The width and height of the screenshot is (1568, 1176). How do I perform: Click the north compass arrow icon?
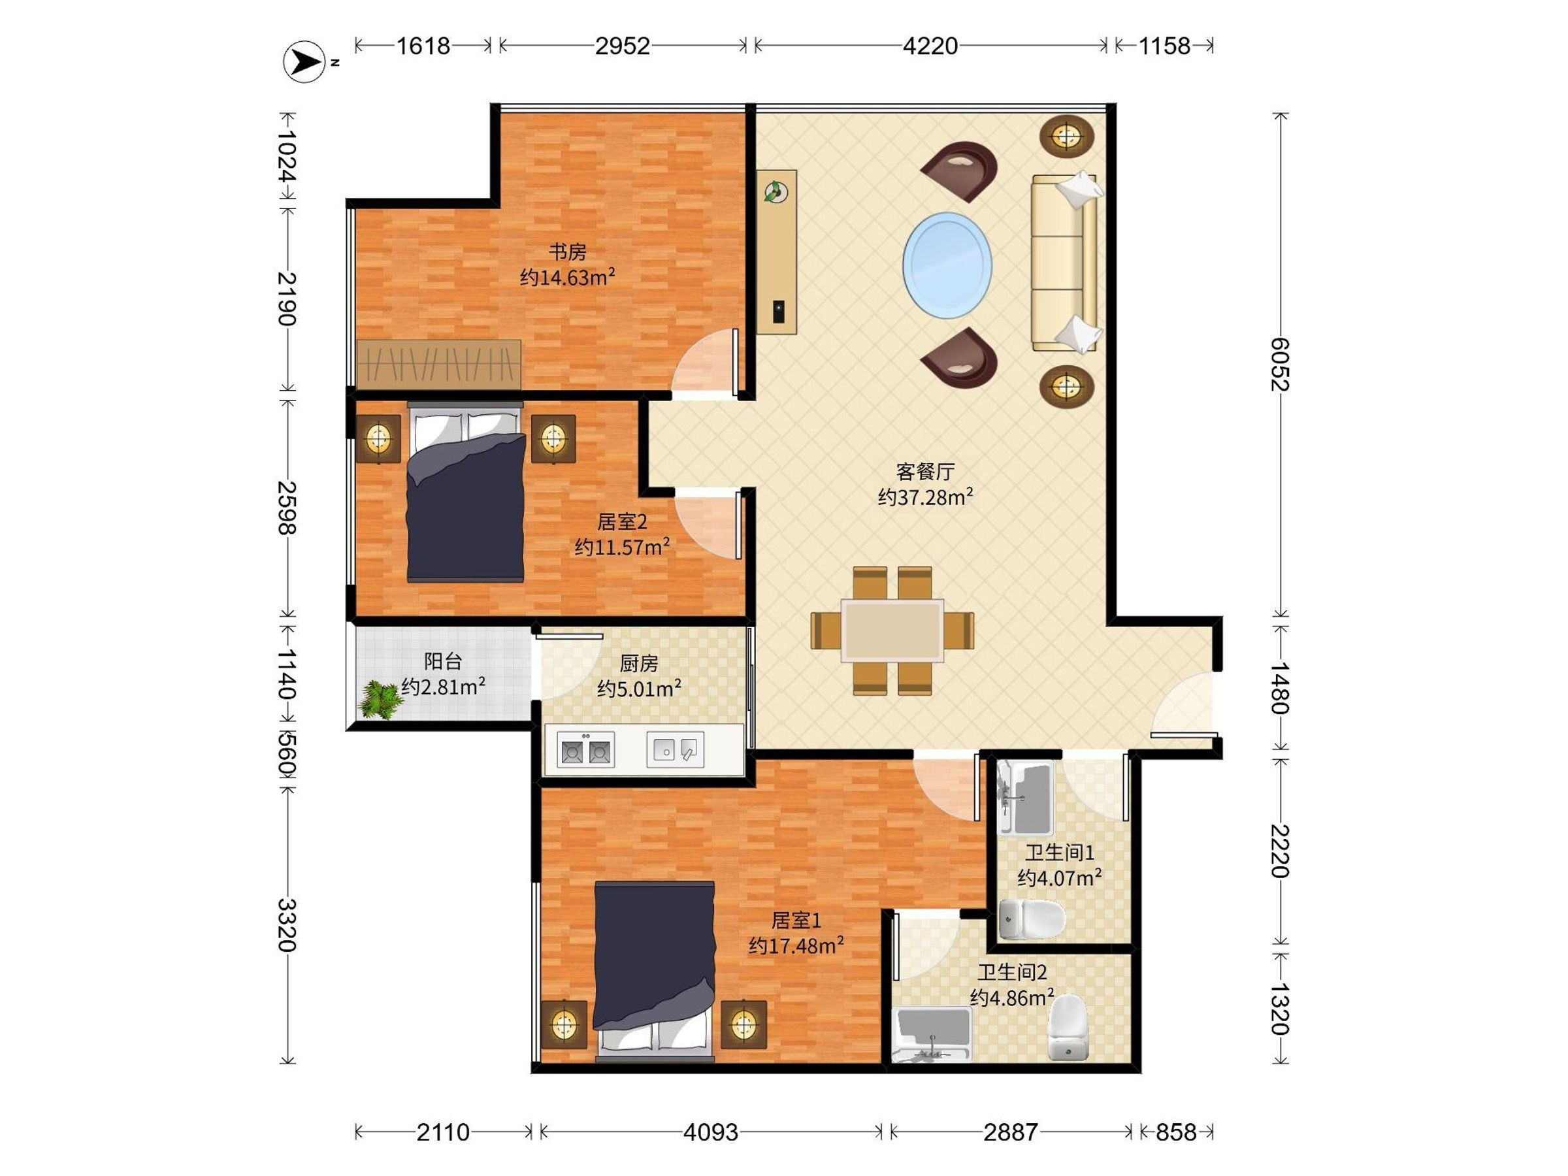[x=305, y=61]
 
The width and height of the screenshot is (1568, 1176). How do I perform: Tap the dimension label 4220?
[x=930, y=46]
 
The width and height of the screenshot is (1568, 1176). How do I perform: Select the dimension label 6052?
[x=1279, y=365]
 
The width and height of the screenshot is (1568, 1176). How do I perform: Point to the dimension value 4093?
[x=710, y=1132]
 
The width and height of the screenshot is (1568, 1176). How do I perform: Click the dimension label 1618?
[x=423, y=46]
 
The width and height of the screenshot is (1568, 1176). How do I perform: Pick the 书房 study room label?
[x=568, y=252]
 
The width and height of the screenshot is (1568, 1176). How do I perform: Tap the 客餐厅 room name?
[x=925, y=472]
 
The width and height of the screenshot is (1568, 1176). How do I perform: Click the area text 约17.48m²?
[x=796, y=945]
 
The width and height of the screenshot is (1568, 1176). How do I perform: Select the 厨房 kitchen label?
[x=639, y=664]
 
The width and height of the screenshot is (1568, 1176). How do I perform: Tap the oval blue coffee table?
[x=947, y=265]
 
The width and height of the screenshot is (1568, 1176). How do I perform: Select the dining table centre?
[x=892, y=630]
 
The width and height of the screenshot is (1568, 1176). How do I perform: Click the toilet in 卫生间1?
[x=1032, y=919]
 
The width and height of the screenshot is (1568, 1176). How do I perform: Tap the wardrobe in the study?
[x=439, y=365]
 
